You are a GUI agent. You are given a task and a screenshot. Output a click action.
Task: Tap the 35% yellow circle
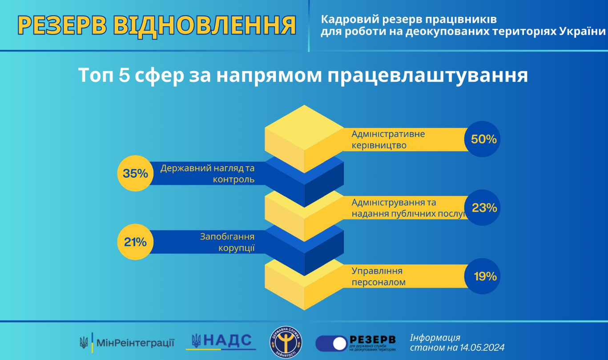point(135,173)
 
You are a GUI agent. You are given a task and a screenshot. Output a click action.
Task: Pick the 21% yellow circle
point(135,242)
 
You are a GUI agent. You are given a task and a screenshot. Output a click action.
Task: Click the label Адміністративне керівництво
point(388,139)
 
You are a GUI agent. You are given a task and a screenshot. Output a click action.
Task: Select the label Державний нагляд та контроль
point(207,174)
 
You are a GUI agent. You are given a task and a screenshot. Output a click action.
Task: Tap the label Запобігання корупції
point(227,242)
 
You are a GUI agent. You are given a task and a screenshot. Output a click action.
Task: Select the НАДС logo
point(221,341)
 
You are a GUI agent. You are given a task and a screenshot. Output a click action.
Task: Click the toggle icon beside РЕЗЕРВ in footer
point(331,343)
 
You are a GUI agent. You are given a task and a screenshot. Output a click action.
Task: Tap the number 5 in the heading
point(124,76)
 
